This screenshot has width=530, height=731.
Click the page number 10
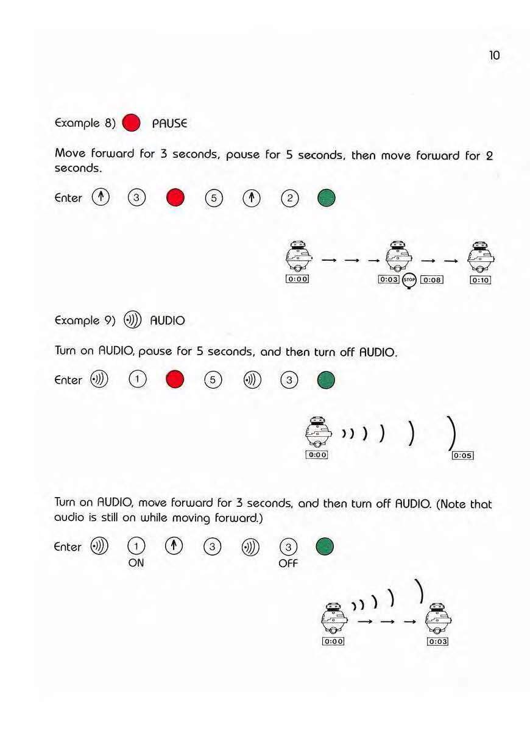[494, 55]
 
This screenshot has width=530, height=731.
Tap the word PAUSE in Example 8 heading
[169, 123]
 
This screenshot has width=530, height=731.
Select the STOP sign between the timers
[410, 280]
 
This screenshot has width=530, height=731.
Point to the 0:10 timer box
[480, 280]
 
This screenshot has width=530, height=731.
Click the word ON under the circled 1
[136, 563]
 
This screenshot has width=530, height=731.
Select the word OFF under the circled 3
[288, 563]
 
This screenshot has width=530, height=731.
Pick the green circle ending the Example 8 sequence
[326, 198]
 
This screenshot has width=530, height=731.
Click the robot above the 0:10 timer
[481, 256]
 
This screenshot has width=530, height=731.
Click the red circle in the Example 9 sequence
[175, 380]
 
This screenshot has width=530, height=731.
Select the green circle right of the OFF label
[325, 546]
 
